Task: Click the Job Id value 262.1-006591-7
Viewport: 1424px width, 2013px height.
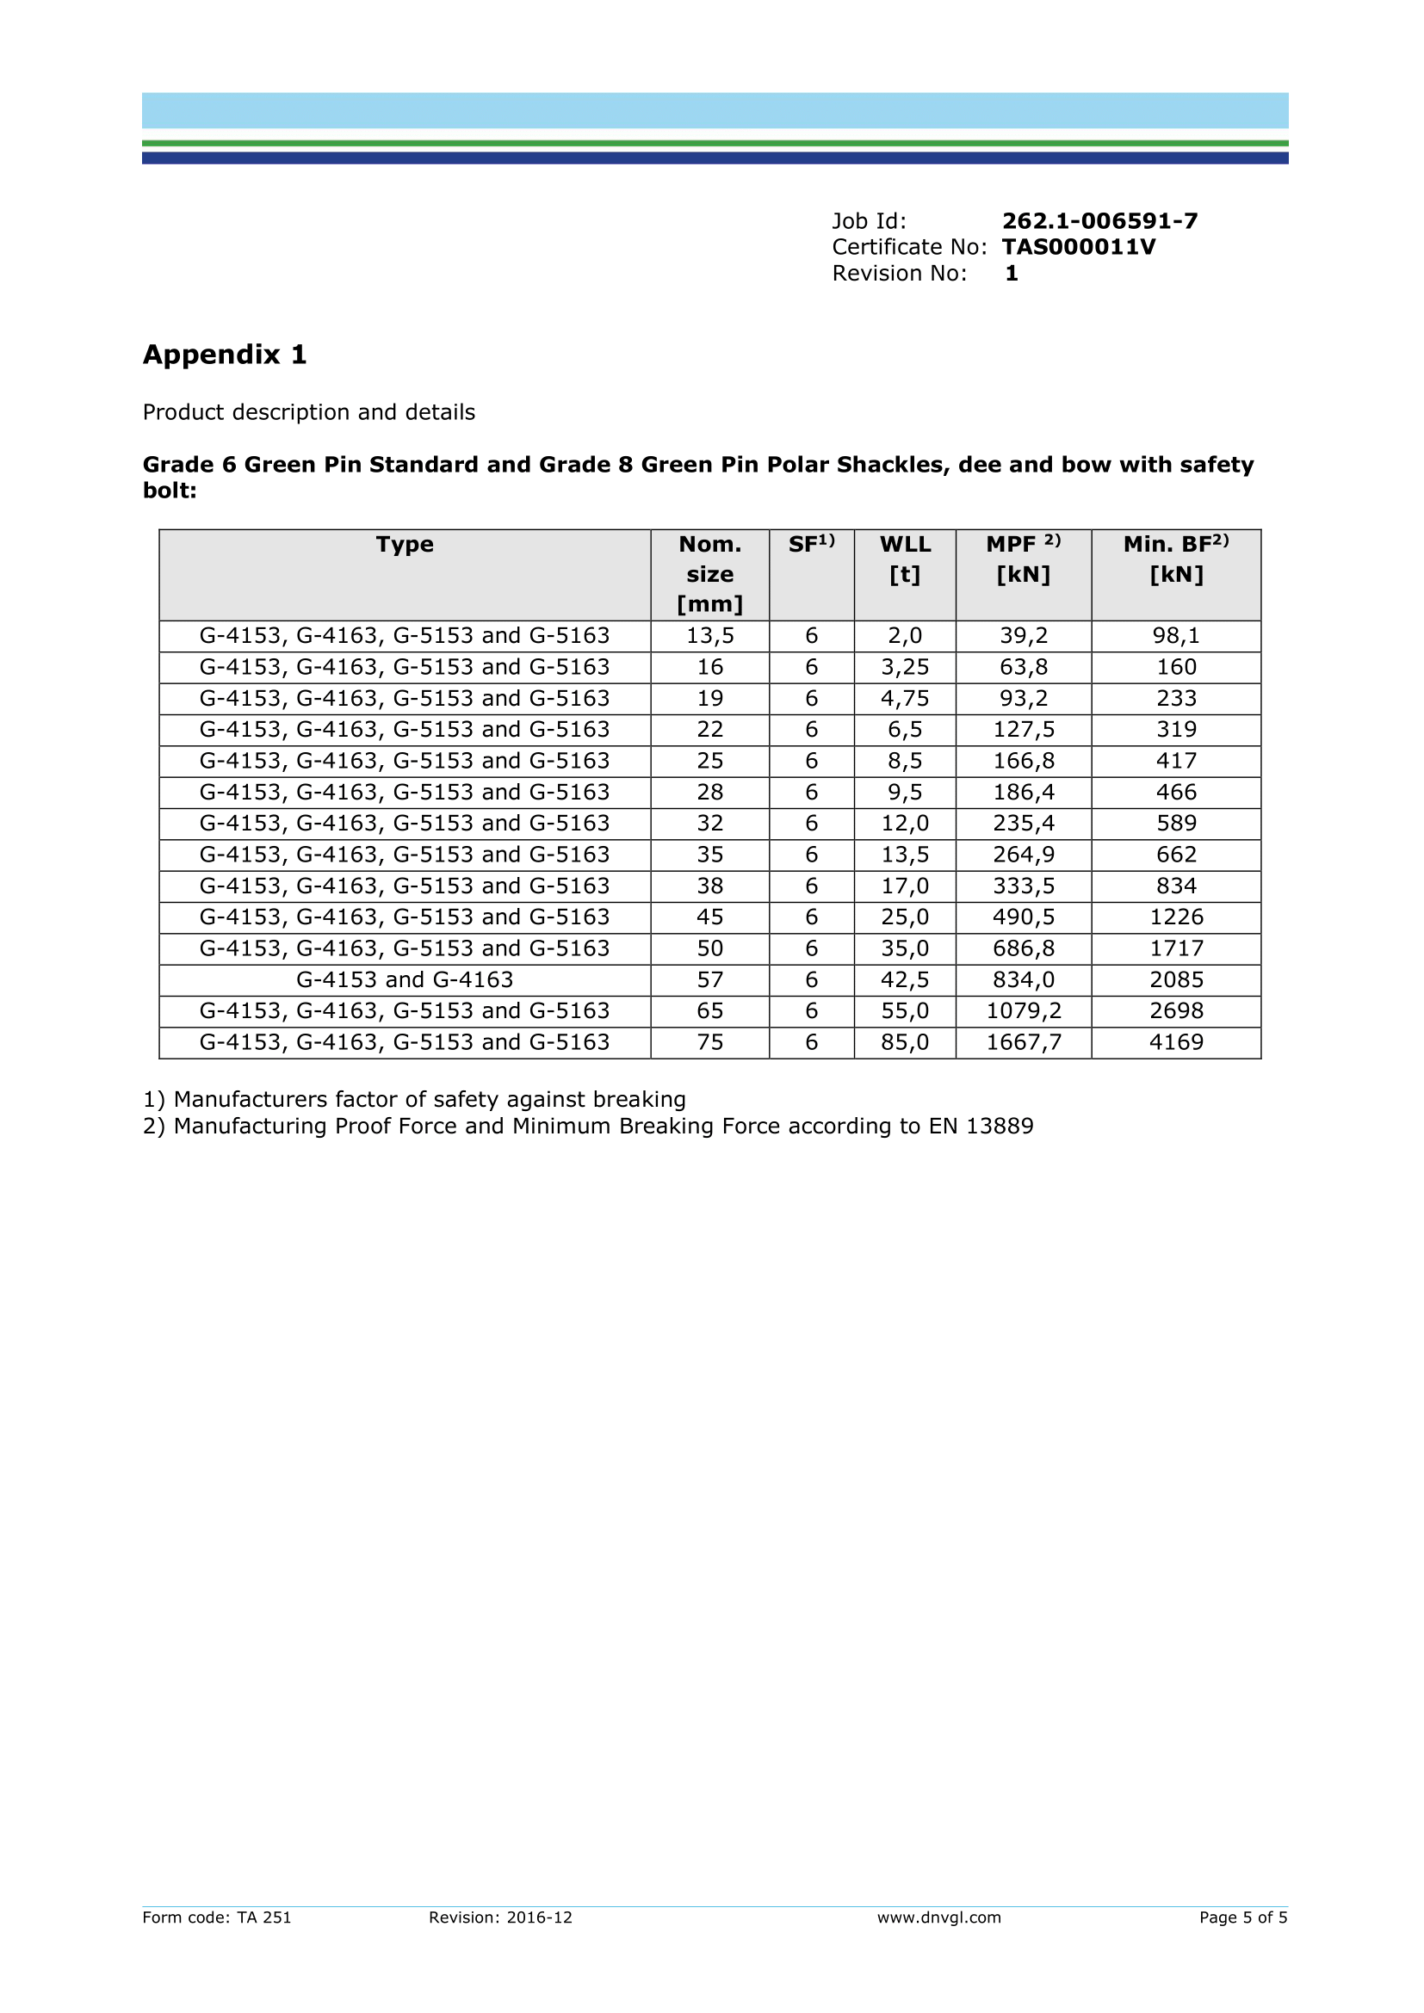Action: (x=1099, y=221)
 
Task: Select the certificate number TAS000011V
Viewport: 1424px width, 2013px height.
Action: (x=1079, y=247)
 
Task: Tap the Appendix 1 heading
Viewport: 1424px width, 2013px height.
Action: (x=225, y=355)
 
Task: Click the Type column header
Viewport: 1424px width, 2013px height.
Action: (x=405, y=545)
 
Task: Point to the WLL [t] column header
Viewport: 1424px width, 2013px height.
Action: (x=905, y=559)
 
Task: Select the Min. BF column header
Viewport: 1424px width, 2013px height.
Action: (x=1176, y=559)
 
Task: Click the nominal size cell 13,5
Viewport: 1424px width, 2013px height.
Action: (x=709, y=636)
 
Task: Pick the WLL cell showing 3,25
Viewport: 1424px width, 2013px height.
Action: (x=905, y=667)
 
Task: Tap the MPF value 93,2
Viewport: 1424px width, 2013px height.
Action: (x=1024, y=699)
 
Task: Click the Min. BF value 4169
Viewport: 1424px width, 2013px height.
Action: (x=1176, y=1042)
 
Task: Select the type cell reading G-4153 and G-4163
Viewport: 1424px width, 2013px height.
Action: (x=405, y=979)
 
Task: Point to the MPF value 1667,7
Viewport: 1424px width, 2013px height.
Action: (x=1024, y=1042)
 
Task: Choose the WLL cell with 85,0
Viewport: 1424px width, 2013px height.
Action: (x=905, y=1042)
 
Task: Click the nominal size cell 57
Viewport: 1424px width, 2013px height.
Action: (x=709, y=979)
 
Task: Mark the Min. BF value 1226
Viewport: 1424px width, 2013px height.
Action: (x=1176, y=917)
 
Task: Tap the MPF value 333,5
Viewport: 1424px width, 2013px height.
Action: (x=1024, y=886)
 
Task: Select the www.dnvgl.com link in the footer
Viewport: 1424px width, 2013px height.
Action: (x=938, y=1917)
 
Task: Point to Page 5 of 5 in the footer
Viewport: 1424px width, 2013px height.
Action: (x=1242, y=1917)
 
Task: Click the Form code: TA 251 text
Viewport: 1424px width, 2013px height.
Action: (x=217, y=1917)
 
